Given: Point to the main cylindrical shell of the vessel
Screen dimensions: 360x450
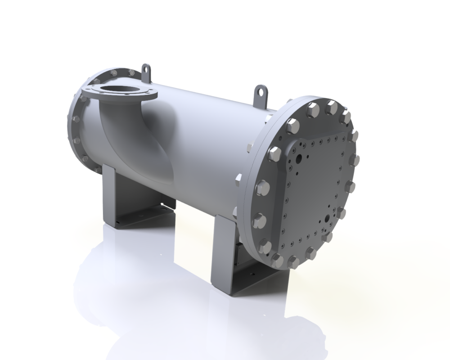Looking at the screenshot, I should pos(202,135).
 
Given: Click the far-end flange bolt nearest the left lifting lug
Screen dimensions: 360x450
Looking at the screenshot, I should pos(131,72).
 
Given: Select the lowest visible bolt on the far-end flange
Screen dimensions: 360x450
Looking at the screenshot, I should pos(96,169).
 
